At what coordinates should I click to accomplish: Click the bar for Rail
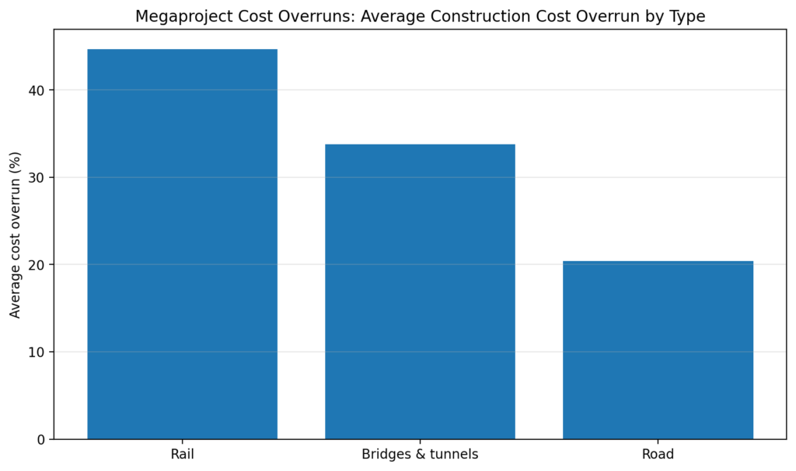coord(182,244)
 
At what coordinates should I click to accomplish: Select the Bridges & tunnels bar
coord(420,291)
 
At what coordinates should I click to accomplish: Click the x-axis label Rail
coord(182,454)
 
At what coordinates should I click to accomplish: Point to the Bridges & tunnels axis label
coord(420,454)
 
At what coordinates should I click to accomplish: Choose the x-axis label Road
coord(658,454)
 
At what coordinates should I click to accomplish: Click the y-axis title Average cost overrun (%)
coord(16,235)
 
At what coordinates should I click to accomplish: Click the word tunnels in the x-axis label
coord(454,454)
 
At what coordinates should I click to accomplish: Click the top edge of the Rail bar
coord(182,50)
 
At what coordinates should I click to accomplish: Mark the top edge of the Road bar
coord(658,261)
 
